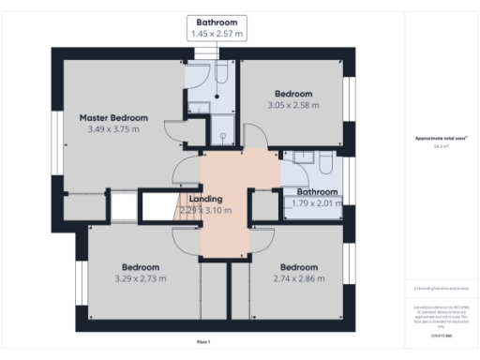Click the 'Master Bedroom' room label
113,117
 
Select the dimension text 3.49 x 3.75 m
113,129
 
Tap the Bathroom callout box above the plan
217,27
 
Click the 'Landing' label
205,199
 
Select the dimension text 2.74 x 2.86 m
298,278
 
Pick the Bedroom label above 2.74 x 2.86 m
298,266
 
